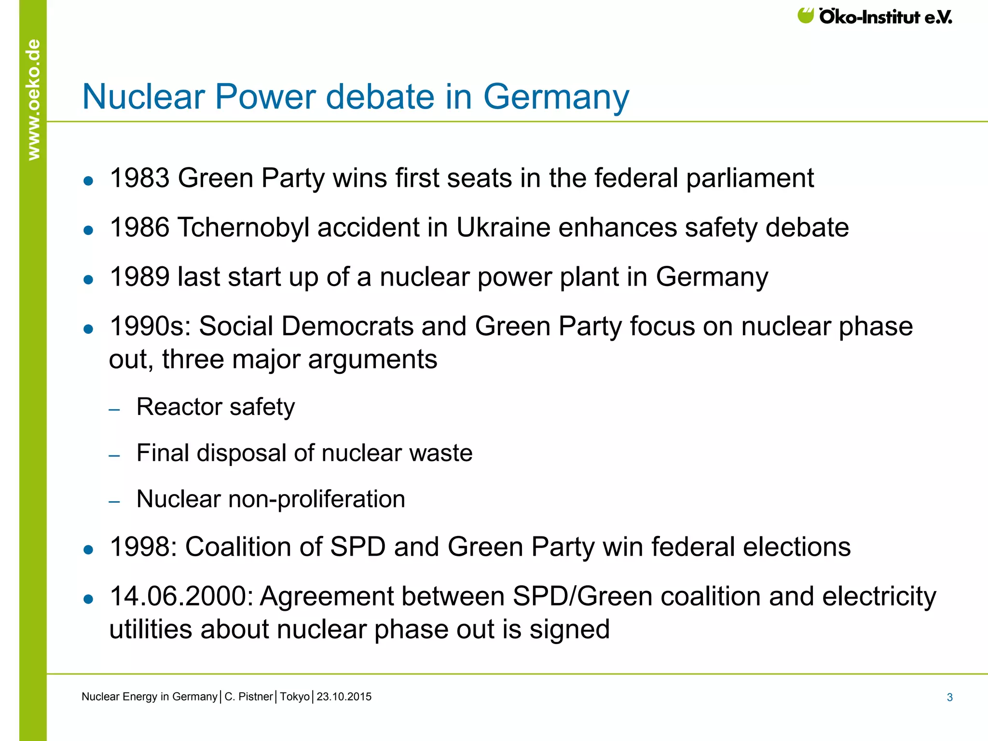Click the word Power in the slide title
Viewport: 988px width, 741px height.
click(266, 96)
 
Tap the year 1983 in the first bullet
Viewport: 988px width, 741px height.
click(140, 178)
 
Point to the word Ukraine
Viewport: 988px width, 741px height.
click(503, 228)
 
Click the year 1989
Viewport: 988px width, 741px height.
click(140, 277)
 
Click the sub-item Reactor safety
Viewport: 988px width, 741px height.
click(215, 407)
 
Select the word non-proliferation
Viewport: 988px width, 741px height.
click(316, 499)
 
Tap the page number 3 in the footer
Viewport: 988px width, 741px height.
click(949, 697)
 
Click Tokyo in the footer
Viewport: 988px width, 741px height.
click(294, 697)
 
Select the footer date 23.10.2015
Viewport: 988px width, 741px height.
click(344, 697)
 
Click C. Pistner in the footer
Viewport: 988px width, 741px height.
click(248, 697)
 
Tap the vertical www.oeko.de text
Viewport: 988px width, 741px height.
click(33, 99)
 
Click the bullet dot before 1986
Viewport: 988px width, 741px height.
click(88, 230)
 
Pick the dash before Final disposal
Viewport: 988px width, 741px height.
click(114, 455)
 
